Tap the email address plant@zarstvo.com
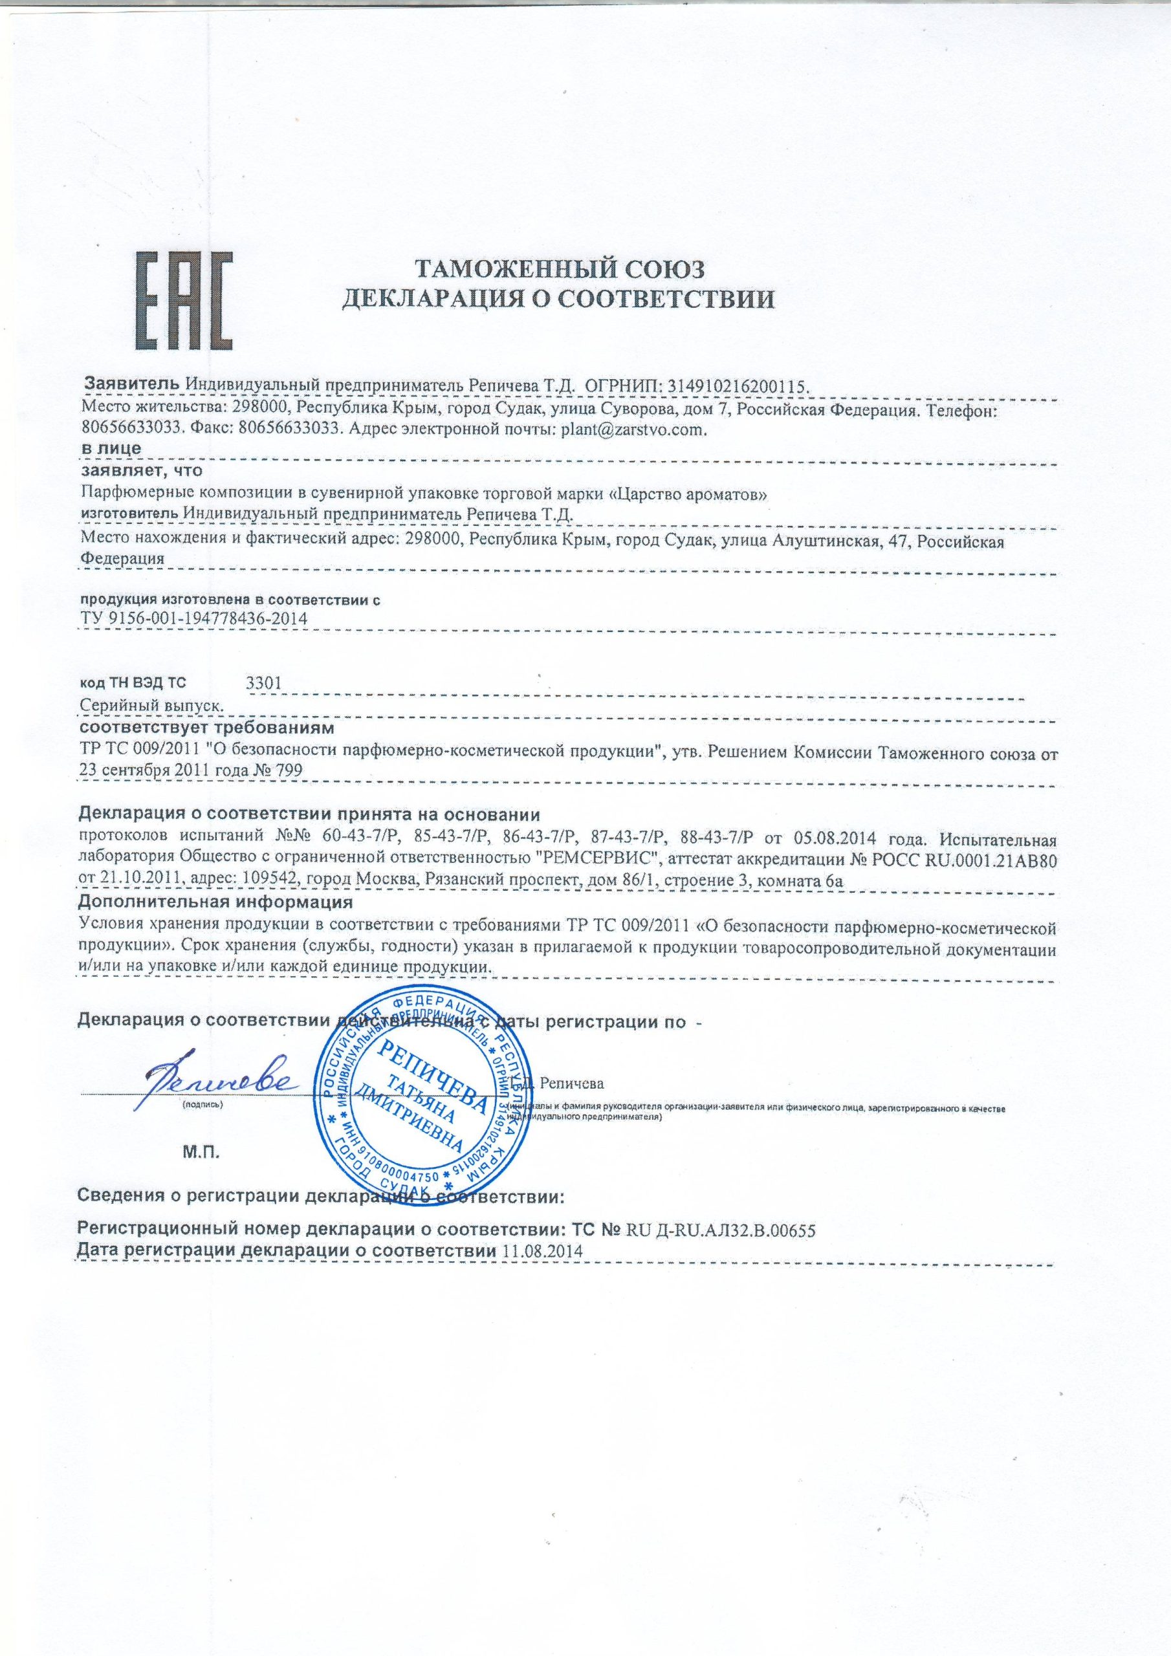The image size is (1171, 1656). click(x=627, y=430)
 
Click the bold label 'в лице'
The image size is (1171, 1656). click(x=111, y=448)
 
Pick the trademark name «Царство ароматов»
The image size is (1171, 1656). click(x=688, y=494)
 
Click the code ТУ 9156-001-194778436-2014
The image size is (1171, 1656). click(x=194, y=619)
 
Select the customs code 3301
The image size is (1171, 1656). click(x=263, y=683)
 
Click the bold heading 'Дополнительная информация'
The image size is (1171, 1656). click(x=214, y=902)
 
